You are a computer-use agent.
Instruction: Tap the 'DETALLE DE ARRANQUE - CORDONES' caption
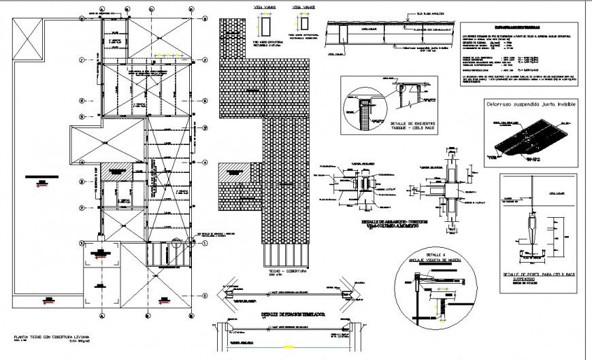(x=384, y=223)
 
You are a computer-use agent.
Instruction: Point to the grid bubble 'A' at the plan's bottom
(x=102, y=316)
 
